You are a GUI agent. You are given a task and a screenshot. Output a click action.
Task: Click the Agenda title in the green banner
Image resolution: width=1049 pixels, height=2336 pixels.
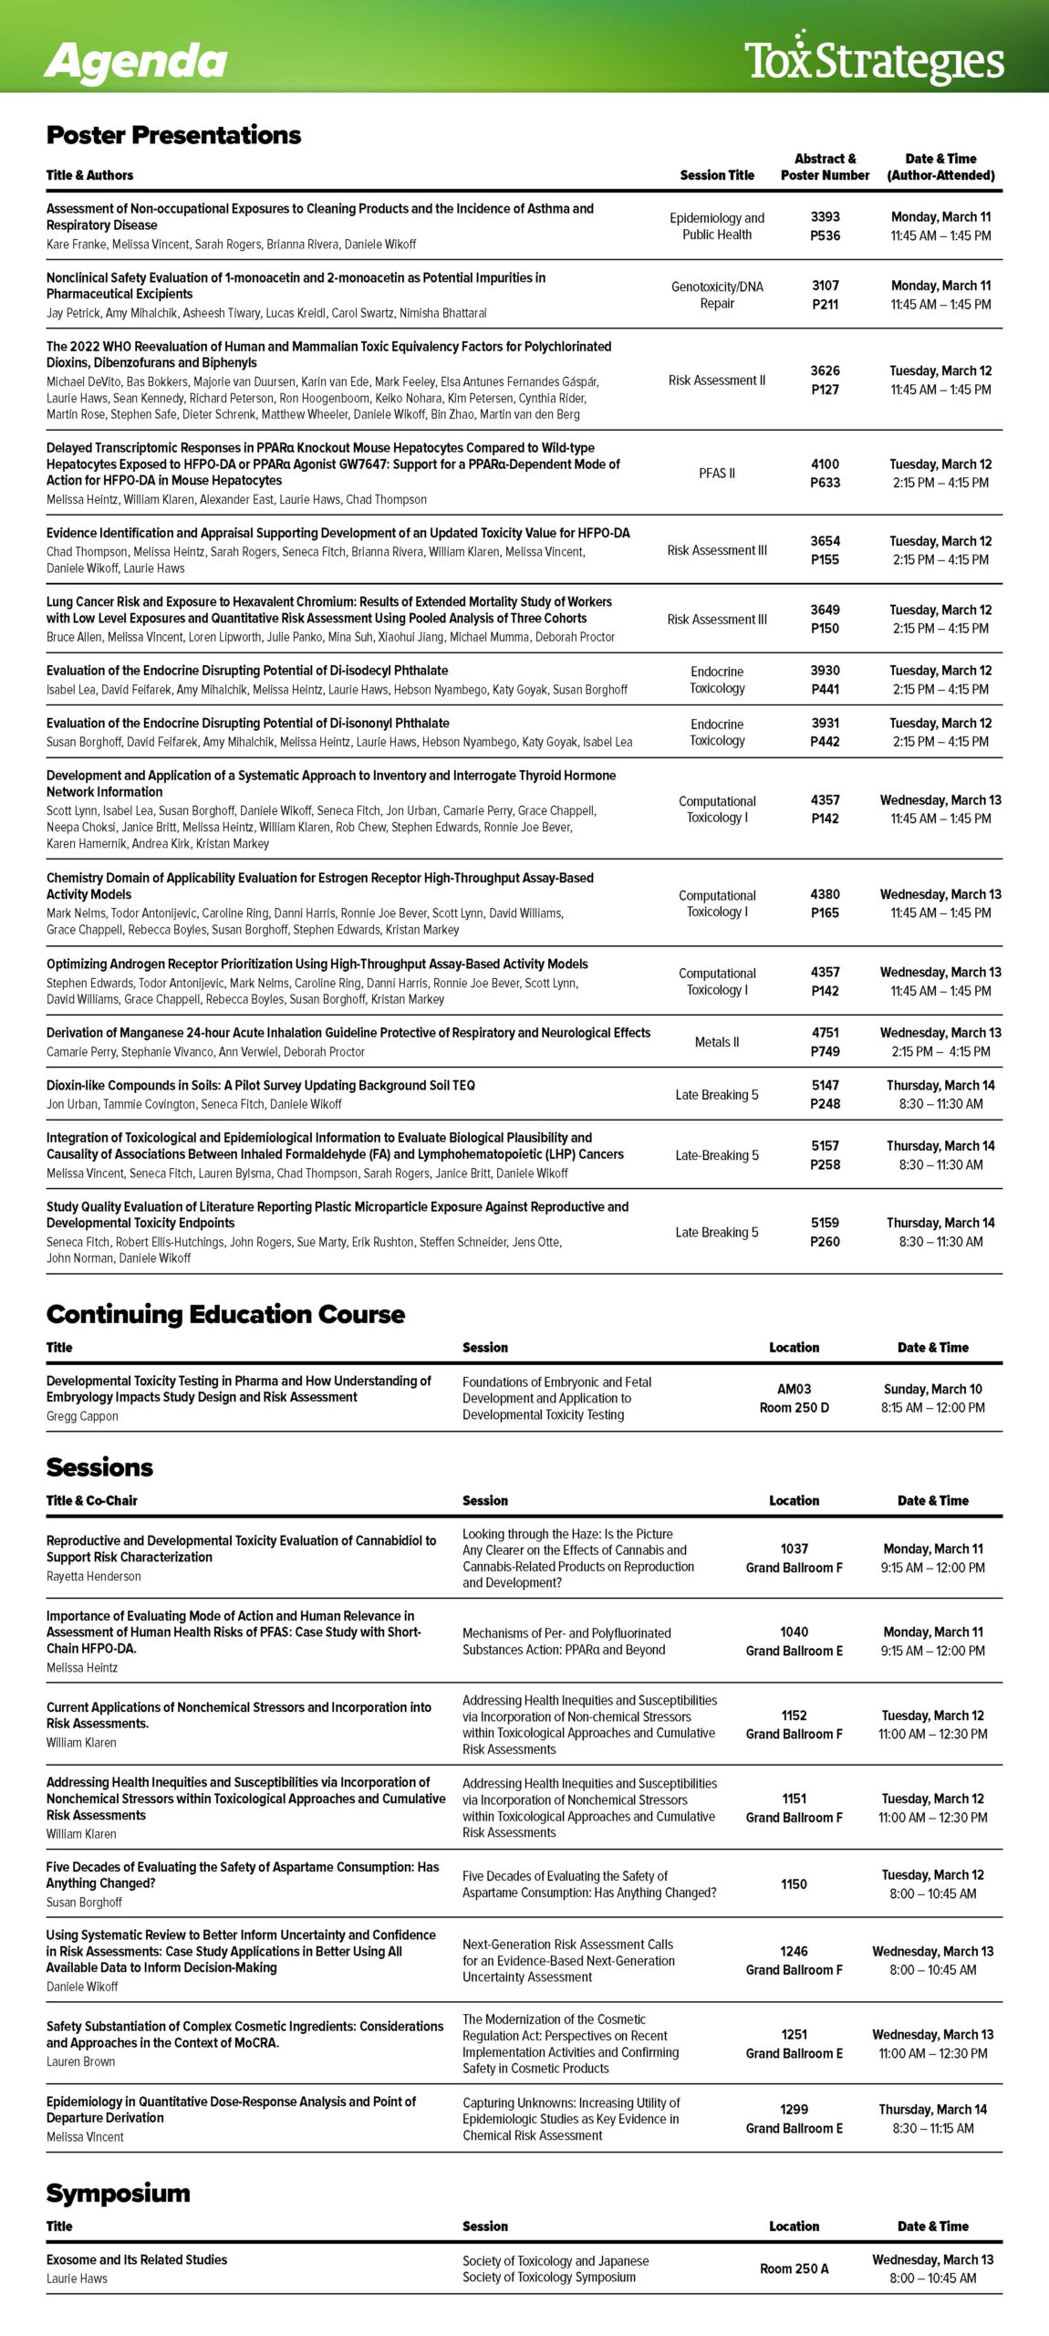point(136,61)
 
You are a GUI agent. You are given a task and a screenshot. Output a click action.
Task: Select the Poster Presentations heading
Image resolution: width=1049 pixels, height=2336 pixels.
point(173,135)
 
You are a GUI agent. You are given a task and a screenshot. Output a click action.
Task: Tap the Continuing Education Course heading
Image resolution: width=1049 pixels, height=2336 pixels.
point(225,1314)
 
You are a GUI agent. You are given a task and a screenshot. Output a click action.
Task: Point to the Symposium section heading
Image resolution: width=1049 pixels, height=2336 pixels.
point(119,2193)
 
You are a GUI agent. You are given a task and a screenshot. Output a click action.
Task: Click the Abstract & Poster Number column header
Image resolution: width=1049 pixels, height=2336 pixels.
point(825,166)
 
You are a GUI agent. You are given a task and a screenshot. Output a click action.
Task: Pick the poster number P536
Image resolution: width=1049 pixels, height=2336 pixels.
point(825,235)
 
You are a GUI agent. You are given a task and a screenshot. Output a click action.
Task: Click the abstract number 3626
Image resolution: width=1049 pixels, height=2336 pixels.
point(825,370)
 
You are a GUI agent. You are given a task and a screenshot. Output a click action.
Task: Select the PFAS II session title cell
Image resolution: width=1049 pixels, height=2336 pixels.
point(717,473)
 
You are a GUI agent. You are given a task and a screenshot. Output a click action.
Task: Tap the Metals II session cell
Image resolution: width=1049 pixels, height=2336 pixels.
point(717,1041)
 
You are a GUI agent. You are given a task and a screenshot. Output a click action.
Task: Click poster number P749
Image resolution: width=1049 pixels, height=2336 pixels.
point(825,1051)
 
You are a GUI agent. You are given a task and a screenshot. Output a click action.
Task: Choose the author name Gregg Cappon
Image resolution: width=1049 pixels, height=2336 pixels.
point(82,1416)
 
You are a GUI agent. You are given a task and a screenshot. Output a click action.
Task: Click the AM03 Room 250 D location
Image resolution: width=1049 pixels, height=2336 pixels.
point(794,1398)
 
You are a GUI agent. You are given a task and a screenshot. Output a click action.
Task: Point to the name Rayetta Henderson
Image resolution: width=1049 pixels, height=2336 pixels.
point(94,1576)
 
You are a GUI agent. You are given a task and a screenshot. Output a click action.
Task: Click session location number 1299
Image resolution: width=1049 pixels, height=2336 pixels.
point(794,2109)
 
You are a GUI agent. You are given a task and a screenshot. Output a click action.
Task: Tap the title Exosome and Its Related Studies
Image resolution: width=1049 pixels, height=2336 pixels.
point(137,2259)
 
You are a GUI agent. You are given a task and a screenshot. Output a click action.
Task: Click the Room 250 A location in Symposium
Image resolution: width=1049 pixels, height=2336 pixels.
point(794,2268)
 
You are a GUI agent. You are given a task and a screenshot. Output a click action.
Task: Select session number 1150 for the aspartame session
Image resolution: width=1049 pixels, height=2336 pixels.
point(794,1883)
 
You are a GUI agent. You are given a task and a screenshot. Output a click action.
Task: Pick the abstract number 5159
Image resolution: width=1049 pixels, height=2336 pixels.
point(825,1223)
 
